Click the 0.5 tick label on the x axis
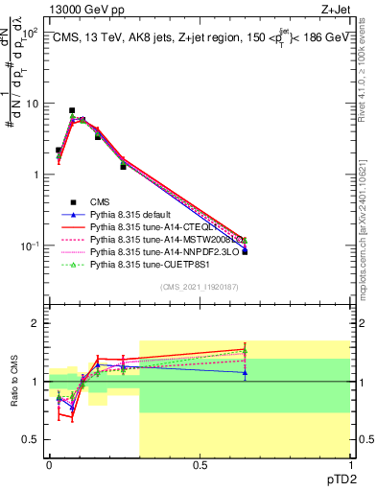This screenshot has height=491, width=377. (x=200, y=465)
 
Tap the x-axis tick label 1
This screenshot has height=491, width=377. (x=350, y=465)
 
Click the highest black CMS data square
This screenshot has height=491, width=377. (x=72, y=111)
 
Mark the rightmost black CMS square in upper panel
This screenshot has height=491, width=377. (x=245, y=251)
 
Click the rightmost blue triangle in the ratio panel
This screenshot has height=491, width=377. (x=245, y=372)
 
